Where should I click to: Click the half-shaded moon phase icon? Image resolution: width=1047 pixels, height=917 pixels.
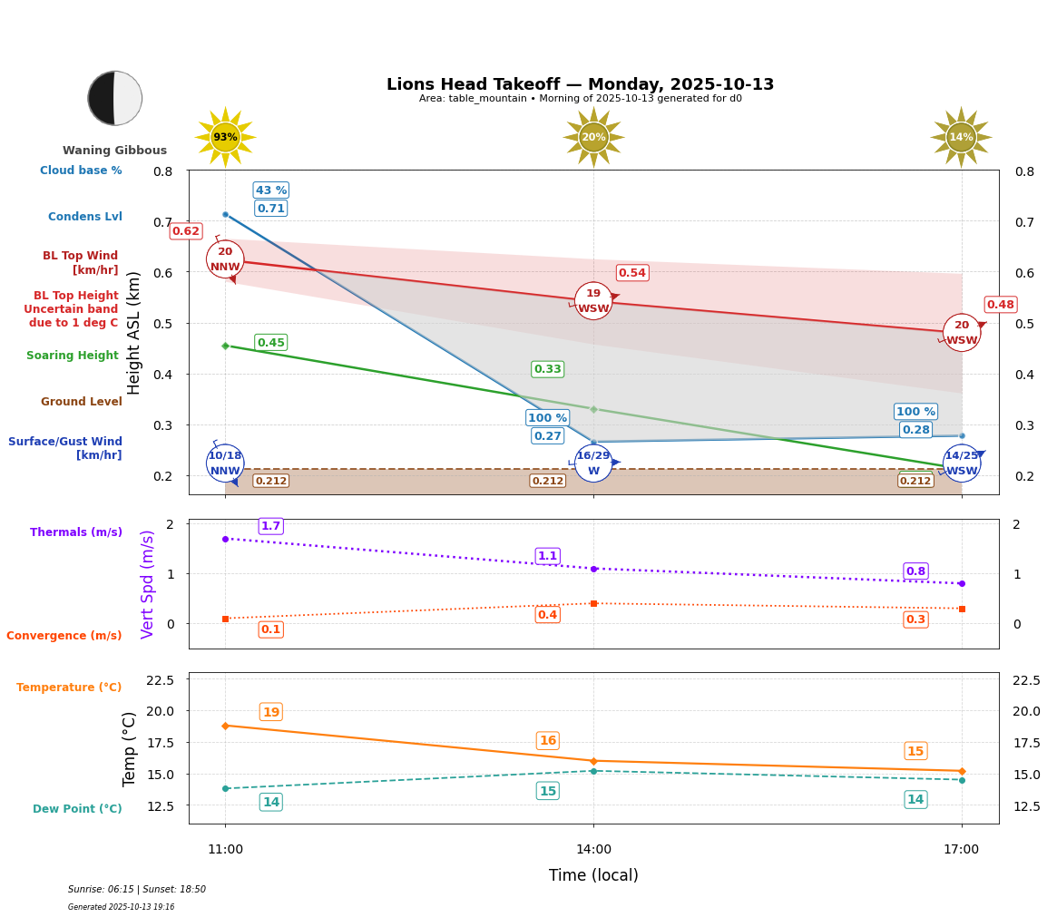tap(115, 98)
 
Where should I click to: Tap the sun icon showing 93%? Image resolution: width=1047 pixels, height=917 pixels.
tap(225, 137)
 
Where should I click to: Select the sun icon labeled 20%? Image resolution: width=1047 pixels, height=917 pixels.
tap(593, 137)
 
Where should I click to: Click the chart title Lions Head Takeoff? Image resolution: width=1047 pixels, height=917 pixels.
tap(580, 84)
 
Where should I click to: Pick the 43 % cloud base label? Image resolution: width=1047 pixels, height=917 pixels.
tap(270, 190)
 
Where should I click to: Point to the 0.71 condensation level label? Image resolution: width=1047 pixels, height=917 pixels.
tap(270, 209)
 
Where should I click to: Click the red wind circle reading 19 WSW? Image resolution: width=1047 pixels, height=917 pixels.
tap(593, 301)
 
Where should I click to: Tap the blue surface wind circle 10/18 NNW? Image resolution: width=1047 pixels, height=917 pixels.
tap(225, 463)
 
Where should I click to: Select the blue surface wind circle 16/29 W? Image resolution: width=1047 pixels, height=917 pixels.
tap(593, 463)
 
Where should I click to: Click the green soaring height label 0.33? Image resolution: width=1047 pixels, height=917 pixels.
tap(547, 369)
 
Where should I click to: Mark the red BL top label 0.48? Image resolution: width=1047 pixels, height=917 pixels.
tap(1001, 305)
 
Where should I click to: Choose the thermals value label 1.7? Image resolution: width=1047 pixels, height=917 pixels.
tap(270, 526)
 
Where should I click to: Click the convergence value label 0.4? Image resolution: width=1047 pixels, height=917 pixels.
tap(547, 615)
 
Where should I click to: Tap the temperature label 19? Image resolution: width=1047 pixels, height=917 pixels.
tap(270, 712)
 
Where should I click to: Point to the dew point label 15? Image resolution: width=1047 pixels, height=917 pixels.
tap(547, 791)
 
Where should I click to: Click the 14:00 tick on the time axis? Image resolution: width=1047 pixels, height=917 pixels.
tap(593, 850)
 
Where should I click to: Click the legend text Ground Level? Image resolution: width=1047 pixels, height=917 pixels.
tap(81, 402)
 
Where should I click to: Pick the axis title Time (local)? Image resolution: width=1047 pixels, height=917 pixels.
tap(593, 875)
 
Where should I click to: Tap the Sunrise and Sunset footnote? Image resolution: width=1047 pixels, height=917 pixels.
tap(137, 890)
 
